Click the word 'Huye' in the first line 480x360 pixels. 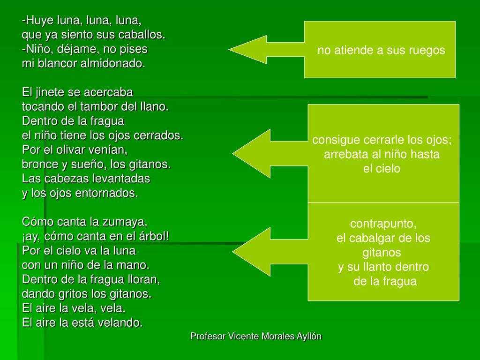click(x=38, y=21)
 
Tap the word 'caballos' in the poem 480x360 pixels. click(x=144, y=35)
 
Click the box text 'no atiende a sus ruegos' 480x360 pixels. click(x=381, y=50)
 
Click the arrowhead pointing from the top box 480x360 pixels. click(x=244, y=49)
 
